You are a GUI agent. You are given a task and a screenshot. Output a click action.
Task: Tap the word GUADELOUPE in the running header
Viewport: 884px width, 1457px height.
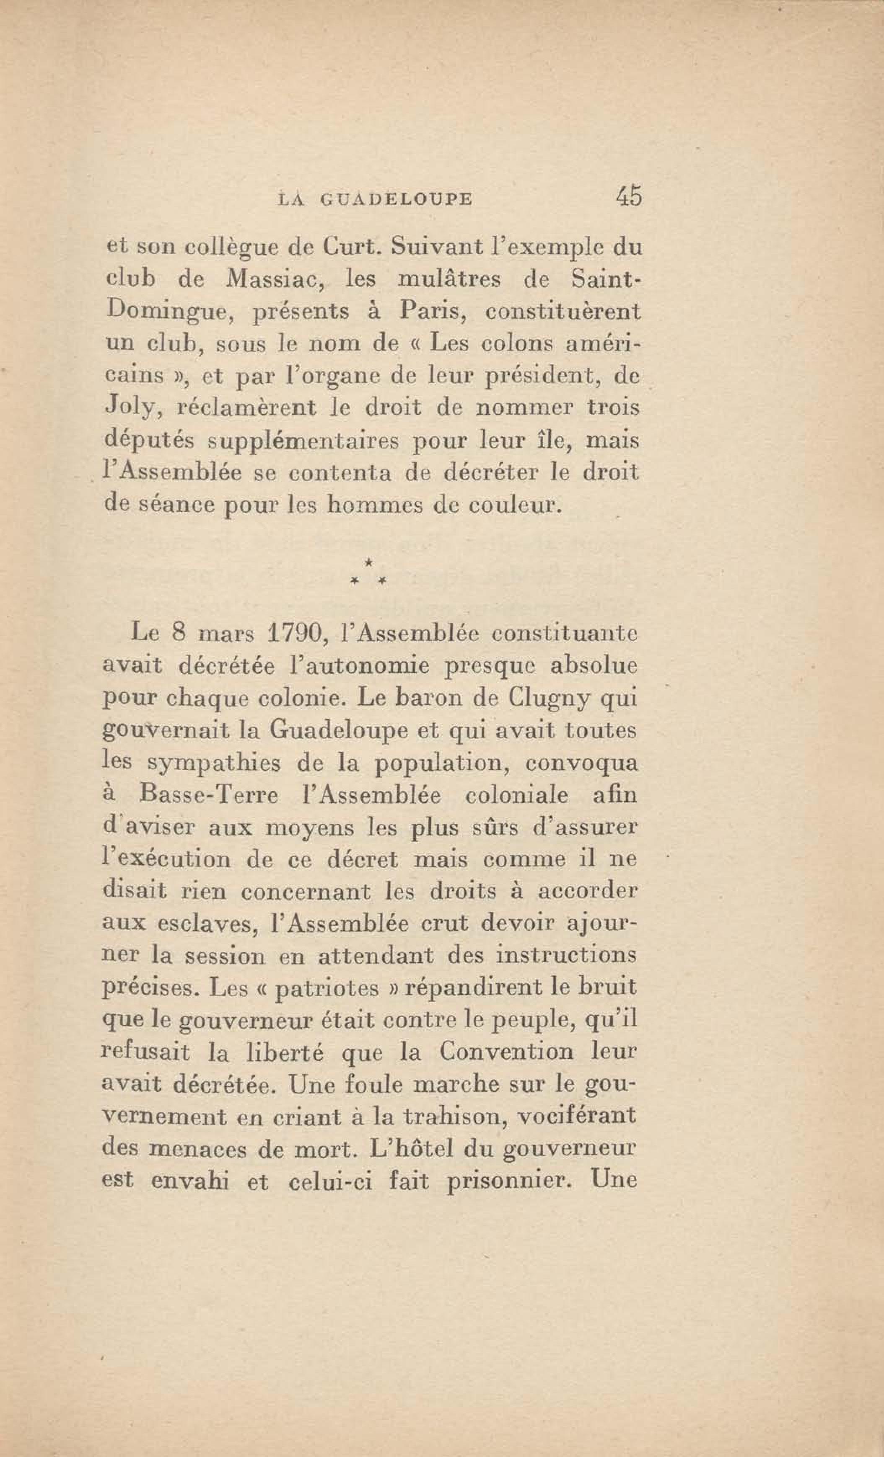(397, 199)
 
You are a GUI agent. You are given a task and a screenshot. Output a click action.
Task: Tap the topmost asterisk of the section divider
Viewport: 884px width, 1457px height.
(368, 560)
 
